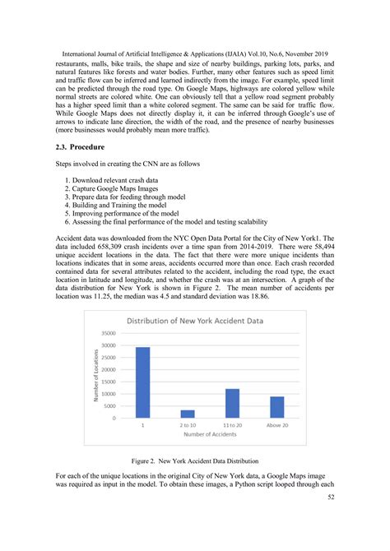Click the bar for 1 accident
pos(142,382)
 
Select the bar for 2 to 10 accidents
pos(188,414)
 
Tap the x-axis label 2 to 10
pos(188,425)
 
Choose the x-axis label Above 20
pos(277,425)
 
